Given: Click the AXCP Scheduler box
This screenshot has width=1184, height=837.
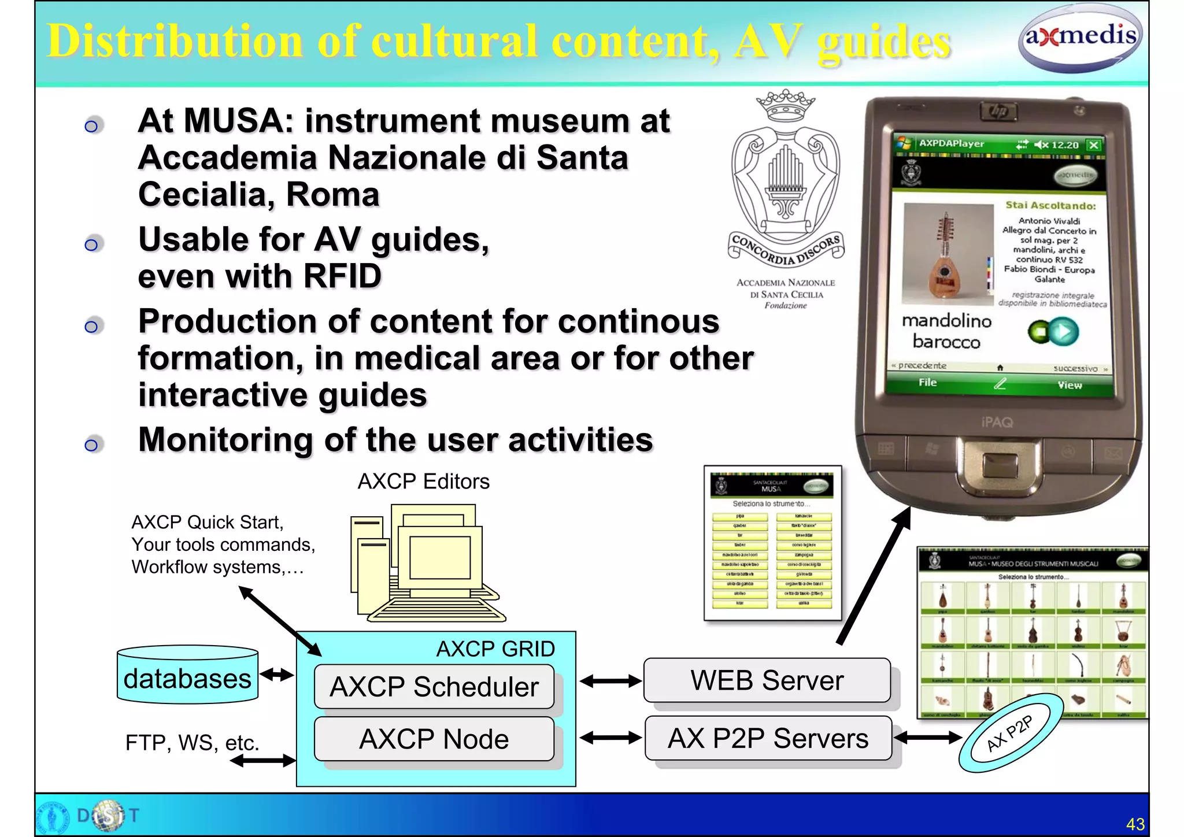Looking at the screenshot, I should pos(434,687).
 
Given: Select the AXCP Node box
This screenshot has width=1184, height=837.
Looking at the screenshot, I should pos(434,739).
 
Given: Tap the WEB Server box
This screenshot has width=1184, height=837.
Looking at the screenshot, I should pos(767,680).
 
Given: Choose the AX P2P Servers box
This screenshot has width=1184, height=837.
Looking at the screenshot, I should pos(768,738).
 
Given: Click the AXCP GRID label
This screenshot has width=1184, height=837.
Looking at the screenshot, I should pos(495,649).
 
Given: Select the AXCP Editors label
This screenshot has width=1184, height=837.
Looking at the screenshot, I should pos(423,482).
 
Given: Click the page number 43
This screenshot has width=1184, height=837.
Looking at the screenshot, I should pos(1135,824).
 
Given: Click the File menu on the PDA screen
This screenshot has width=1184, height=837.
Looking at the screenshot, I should pos(927,382).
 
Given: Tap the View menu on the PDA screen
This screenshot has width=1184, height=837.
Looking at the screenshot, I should pos(1070,385).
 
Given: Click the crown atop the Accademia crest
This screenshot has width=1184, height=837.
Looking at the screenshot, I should pos(786,104).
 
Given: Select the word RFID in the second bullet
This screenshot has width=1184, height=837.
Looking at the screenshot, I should pos(342,276).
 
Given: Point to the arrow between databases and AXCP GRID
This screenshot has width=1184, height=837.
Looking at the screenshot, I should pos(277,675).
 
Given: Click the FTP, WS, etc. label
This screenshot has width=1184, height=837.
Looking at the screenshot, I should pos(192,743).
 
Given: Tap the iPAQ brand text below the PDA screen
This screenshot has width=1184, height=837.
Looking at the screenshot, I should pos(997,423).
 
